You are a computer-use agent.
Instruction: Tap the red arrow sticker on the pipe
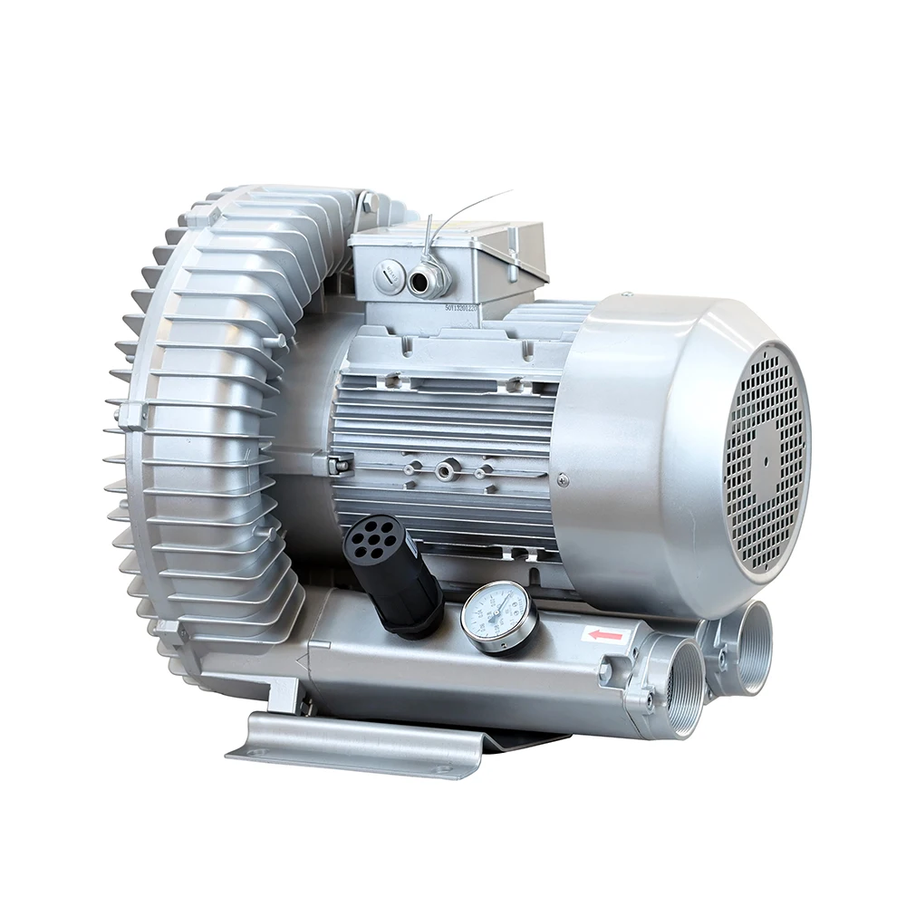coord(605,635)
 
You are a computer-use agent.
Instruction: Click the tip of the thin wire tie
coord(510,191)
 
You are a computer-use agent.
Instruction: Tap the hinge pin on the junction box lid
coord(513,245)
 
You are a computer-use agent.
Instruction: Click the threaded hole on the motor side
coord(446,470)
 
